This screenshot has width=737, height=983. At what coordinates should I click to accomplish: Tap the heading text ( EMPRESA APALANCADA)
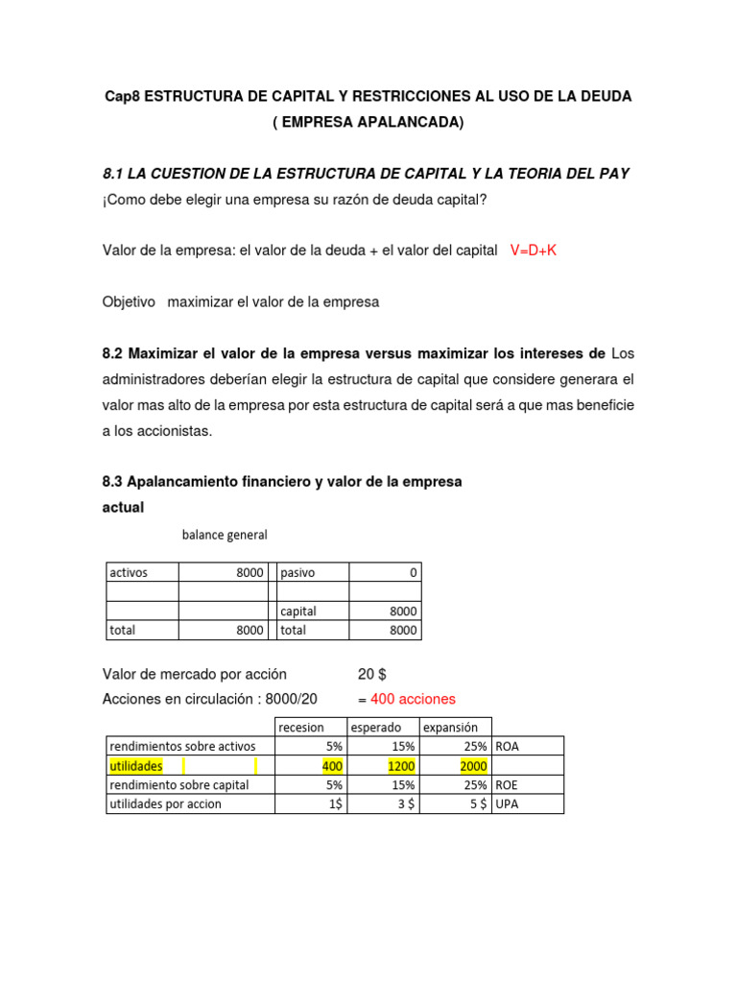click(368, 122)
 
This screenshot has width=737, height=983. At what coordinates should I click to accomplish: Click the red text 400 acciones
click(413, 699)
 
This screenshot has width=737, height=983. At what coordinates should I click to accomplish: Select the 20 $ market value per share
click(371, 674)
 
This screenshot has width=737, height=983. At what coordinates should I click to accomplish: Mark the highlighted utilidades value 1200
click(401, 766)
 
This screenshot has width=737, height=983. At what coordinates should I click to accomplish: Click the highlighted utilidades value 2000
click(473, 766)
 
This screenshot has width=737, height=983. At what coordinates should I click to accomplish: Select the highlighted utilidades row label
click(136, 766)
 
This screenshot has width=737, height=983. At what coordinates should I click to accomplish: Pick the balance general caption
click(225, 535)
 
